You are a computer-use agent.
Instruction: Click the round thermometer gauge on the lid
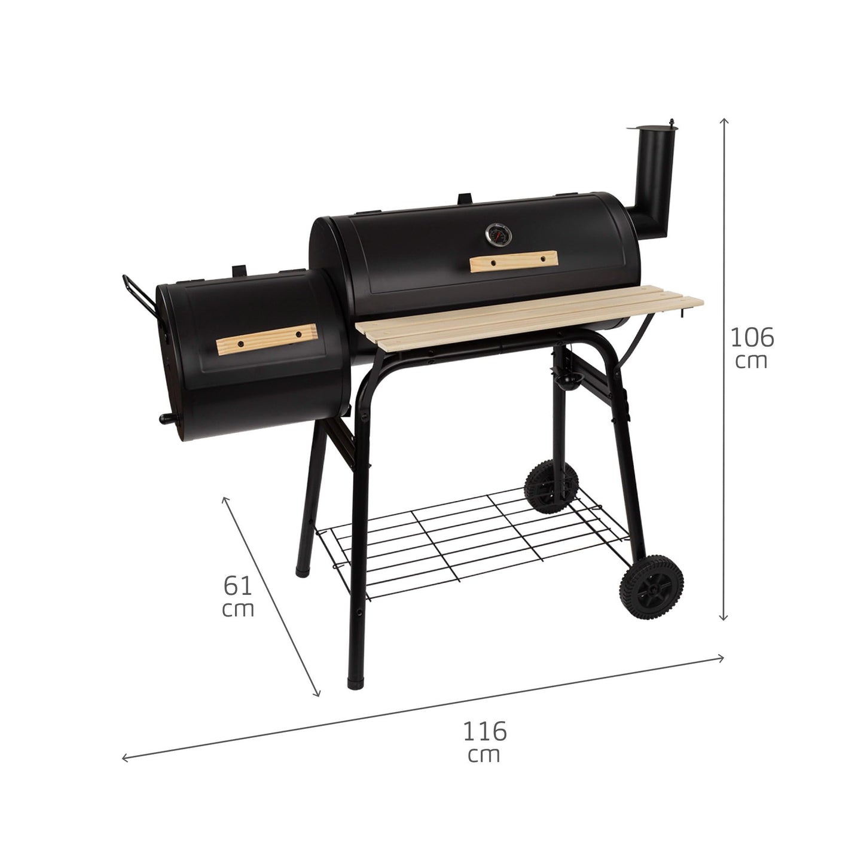(x=498, y=235)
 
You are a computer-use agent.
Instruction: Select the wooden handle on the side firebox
(x=266, y=339)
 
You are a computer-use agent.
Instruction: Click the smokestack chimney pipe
(x=651, y=184)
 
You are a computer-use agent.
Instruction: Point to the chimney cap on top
(x=653, y=126)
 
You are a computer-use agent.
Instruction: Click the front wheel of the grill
(x=651, y=587)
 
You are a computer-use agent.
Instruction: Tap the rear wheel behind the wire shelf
(x=551, y=487)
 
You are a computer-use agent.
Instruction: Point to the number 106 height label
(x=752, y=337)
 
